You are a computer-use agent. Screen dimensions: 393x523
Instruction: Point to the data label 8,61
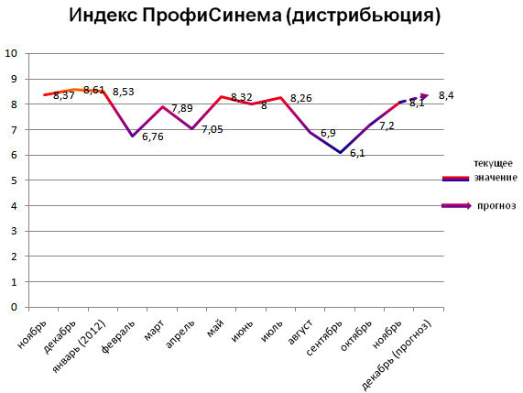[x=94, y=90]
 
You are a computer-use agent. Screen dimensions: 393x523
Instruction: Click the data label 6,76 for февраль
[x=152, y=136]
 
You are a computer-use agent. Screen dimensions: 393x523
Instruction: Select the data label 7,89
[x=182, y=108]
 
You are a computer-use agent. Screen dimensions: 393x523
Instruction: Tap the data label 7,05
[x=212, y=129]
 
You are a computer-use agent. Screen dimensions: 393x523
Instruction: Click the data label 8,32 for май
[x=242, y=96]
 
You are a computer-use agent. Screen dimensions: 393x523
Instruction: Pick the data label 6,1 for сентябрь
[x=357, y=153]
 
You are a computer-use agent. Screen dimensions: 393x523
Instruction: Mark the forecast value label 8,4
[x=447, y=95]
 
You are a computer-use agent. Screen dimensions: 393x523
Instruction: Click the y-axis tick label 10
[x=12, y=53]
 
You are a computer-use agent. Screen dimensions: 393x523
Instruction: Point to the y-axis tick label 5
[x=15, y=180]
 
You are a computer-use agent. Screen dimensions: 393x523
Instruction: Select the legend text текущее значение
[x=493, y=169]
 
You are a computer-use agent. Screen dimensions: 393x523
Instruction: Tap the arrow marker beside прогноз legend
[x=457, y=206]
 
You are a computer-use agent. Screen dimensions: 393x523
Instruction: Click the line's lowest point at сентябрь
[x=340, y=153]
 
